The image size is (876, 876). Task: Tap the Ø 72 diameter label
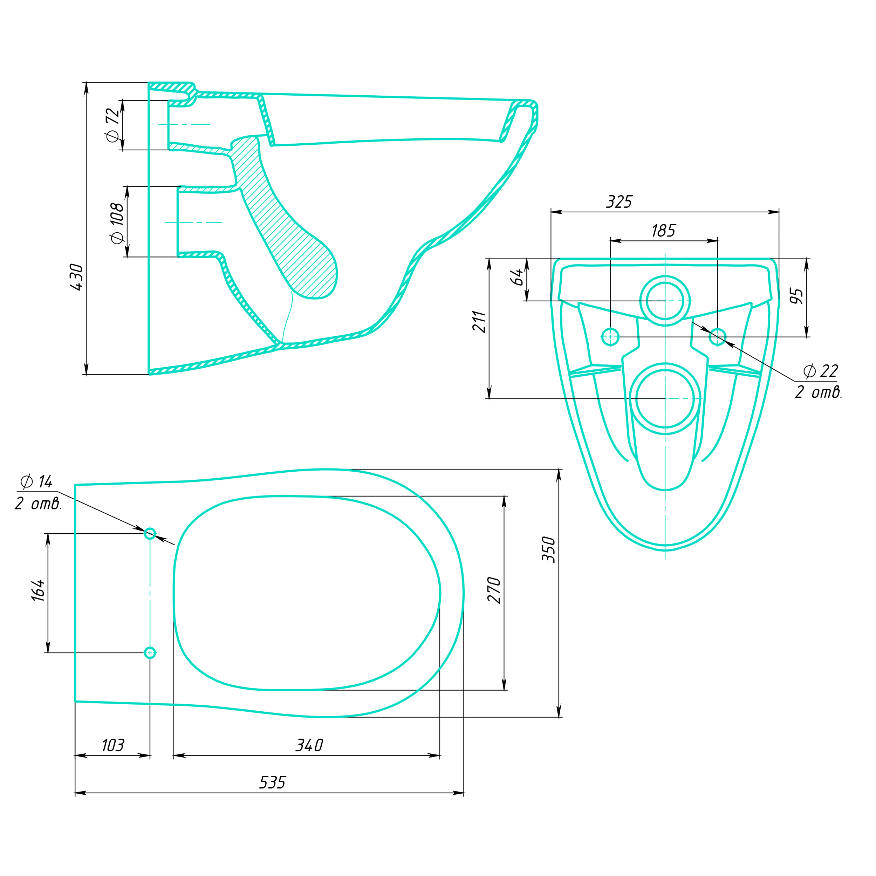(112, 125)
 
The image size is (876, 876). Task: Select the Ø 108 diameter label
(117, 223)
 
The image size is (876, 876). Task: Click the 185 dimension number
(663, 231)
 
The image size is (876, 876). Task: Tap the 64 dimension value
(517, 277)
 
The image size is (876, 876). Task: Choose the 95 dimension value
(796, 296)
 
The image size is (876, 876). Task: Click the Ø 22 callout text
(820, 371)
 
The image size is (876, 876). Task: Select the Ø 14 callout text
(36, 481)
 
